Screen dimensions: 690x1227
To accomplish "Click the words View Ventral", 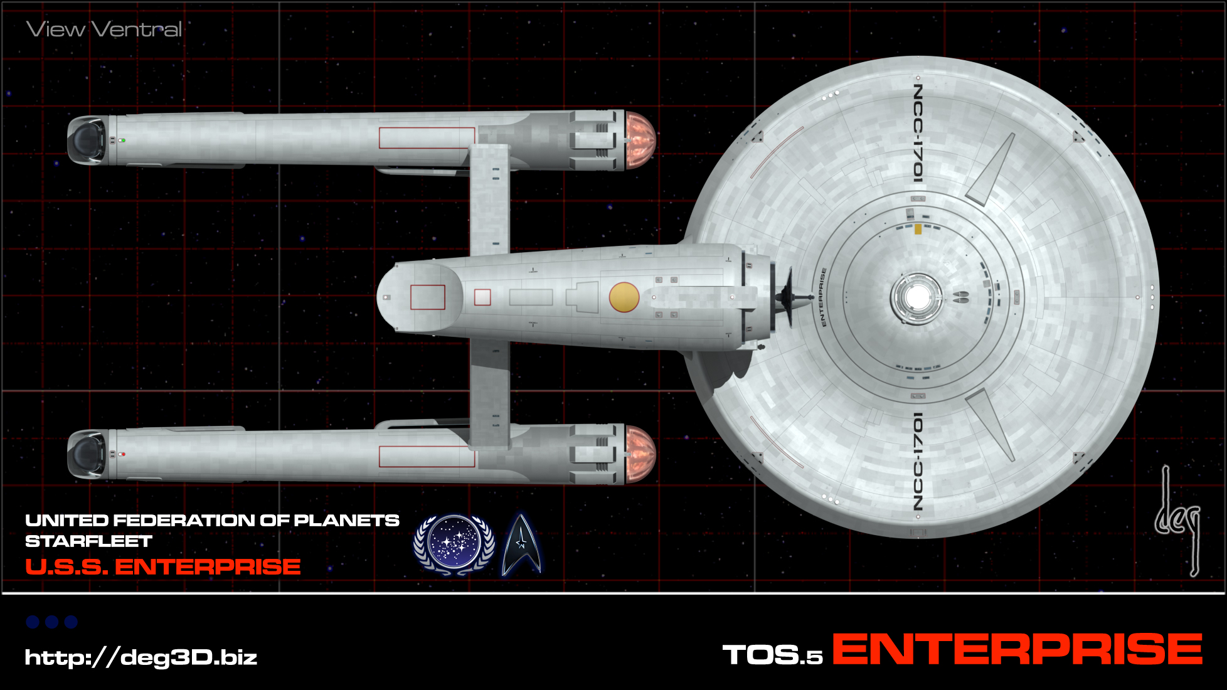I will coord(104,29).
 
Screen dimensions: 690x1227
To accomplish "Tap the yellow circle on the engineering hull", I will coord(624,297).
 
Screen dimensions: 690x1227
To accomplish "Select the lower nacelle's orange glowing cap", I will coord(640,454).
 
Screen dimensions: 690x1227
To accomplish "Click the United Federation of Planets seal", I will coord(454,544).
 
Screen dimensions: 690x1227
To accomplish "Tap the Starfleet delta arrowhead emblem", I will coord(521,544).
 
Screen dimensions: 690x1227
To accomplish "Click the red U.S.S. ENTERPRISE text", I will coord(163,567).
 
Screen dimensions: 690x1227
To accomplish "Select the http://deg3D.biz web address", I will coord(141,657).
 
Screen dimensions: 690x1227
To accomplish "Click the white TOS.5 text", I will coord(772,655).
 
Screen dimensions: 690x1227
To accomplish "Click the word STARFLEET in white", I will coord(88,541).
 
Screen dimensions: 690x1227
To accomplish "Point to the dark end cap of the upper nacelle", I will coord(87,139).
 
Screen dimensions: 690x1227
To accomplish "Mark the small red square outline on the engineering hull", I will coord(482,297).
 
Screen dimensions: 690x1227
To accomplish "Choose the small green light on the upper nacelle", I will coord(123,141).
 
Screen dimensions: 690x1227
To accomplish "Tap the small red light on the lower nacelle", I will coord(123,454).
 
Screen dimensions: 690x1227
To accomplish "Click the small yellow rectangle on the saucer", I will coord(918,229).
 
